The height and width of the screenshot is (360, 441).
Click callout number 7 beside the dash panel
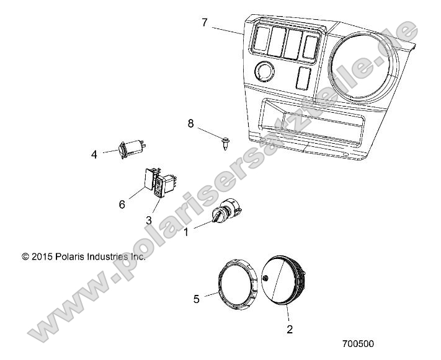point(205,23)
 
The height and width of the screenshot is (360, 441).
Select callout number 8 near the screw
point(191,123)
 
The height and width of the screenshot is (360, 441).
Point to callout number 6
point(122,204)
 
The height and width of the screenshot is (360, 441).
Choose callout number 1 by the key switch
point(185,233)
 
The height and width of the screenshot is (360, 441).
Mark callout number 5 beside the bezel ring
point(197,299)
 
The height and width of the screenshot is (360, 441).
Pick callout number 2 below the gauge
point(289,329)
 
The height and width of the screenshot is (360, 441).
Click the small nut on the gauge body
point(266,279)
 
